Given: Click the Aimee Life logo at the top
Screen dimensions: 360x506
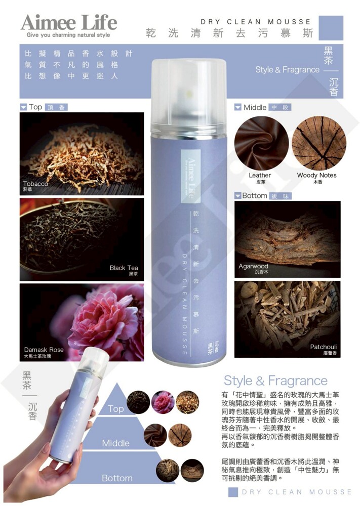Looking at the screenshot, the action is [69, 22].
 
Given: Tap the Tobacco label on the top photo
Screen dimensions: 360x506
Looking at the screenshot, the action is [35, 184].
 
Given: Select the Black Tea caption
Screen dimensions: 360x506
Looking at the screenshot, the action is [124, 268].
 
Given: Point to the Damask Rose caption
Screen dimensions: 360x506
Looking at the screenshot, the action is [44, 350].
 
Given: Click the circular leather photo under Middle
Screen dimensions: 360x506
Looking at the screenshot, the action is [261, 143].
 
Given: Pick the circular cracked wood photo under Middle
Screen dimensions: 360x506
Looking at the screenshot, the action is [318, 143].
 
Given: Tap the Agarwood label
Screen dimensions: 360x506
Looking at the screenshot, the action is [254, 266].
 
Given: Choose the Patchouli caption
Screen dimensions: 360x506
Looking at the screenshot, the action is [323, 347].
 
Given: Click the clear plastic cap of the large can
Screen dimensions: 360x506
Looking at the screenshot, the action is [189, 94].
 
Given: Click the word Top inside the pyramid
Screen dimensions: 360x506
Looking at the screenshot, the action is [116, 409].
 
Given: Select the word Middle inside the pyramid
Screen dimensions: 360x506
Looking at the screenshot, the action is [115, 443].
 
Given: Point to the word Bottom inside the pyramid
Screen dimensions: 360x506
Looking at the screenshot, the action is [117, 478].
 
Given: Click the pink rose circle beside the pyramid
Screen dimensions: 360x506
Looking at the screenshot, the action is [163, 402].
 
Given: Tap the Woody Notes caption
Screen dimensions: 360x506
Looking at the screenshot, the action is [317, 175].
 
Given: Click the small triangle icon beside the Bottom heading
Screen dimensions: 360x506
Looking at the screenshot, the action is [238, 195].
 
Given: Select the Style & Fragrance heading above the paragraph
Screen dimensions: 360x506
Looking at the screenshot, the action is [275, 381].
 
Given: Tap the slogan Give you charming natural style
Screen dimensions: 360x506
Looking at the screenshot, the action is [68, 35].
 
